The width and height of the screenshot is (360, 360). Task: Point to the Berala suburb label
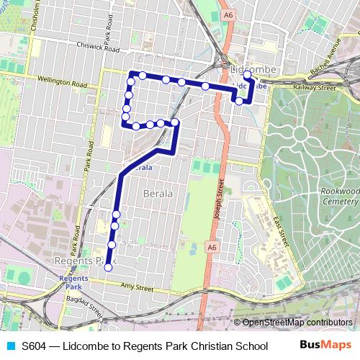coord(158,193)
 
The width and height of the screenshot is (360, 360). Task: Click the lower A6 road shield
coord(212,247)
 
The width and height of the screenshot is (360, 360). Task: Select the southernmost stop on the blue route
coord(108,268)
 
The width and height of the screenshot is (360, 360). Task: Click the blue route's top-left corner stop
coord(131,74)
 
